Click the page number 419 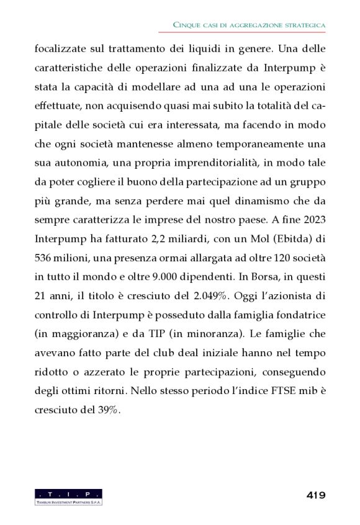315,495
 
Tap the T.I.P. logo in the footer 68,496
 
